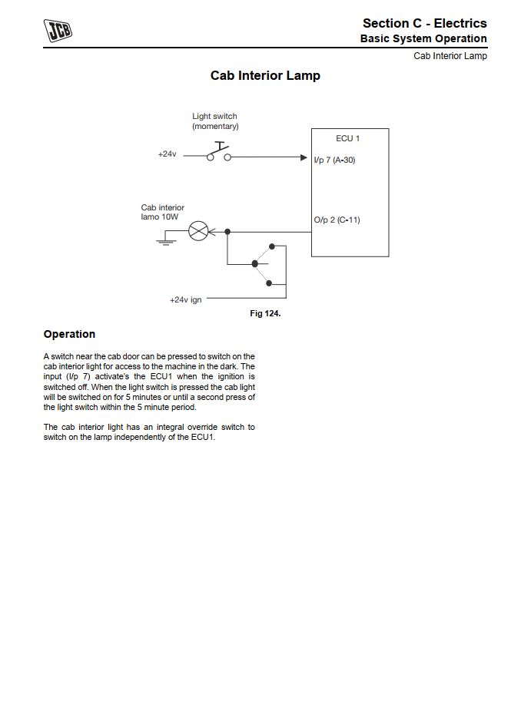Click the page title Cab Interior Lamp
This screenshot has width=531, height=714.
coord(265,76)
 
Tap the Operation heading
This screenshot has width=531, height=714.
coord(69,334)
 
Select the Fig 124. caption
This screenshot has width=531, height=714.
coord(265,313)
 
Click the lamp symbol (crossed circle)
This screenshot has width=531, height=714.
coord(198,230)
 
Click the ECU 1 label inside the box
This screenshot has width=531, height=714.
coord(347,138)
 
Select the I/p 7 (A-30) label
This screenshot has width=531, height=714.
coord(334,160)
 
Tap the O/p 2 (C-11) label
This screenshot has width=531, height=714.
coord(337,220)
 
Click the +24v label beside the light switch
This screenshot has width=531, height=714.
coord(167,154)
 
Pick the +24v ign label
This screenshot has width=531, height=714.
coord(185,299)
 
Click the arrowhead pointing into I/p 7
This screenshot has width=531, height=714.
coord(303,157)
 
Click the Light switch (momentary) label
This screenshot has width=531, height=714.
coord(215,121)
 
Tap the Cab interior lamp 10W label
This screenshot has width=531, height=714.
coord(162,212)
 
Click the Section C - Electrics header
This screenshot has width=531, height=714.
coord(424,24)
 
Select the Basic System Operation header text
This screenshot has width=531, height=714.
coord(423,38)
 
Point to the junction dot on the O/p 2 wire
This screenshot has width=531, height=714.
coord(227,231)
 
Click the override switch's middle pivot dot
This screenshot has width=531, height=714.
coord(254,264)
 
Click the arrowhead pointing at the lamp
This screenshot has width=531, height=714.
coord(213,231)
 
